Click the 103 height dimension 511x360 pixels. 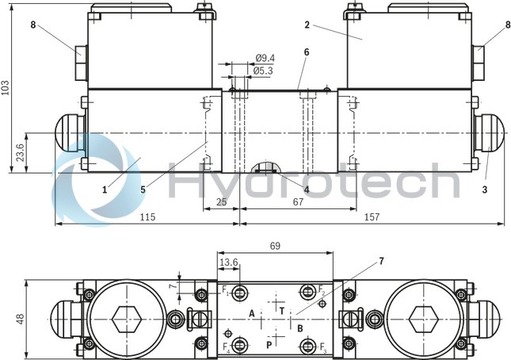click(7, 87)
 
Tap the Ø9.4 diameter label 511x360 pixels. click(265, 58)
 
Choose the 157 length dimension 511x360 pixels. click(371, 216)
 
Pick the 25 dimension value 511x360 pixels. click(222, 202)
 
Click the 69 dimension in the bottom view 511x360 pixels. click(274, 247)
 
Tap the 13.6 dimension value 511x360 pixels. click(228, 262)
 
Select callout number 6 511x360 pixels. click(306, 52)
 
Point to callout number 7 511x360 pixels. click(381, 260)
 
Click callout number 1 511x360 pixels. click(104, 189)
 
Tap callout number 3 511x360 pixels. click(485, 189)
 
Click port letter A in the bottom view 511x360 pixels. click(252, 314)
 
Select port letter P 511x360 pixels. click(269, 345)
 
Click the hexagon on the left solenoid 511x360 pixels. click(125, 320)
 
